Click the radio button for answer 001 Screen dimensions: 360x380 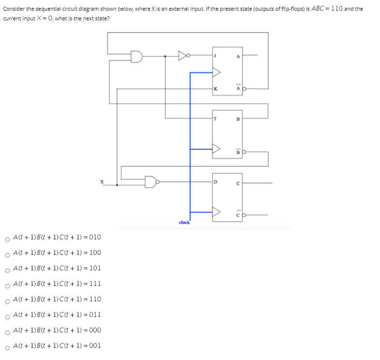[7, 347]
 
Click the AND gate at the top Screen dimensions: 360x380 [137, 56]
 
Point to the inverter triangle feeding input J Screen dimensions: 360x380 [183, 56]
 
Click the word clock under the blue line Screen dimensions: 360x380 [184, 223]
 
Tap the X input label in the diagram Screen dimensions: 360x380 [102, 182]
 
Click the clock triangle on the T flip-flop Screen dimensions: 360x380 [216, 149]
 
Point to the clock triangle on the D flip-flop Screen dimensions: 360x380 [216, 212]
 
